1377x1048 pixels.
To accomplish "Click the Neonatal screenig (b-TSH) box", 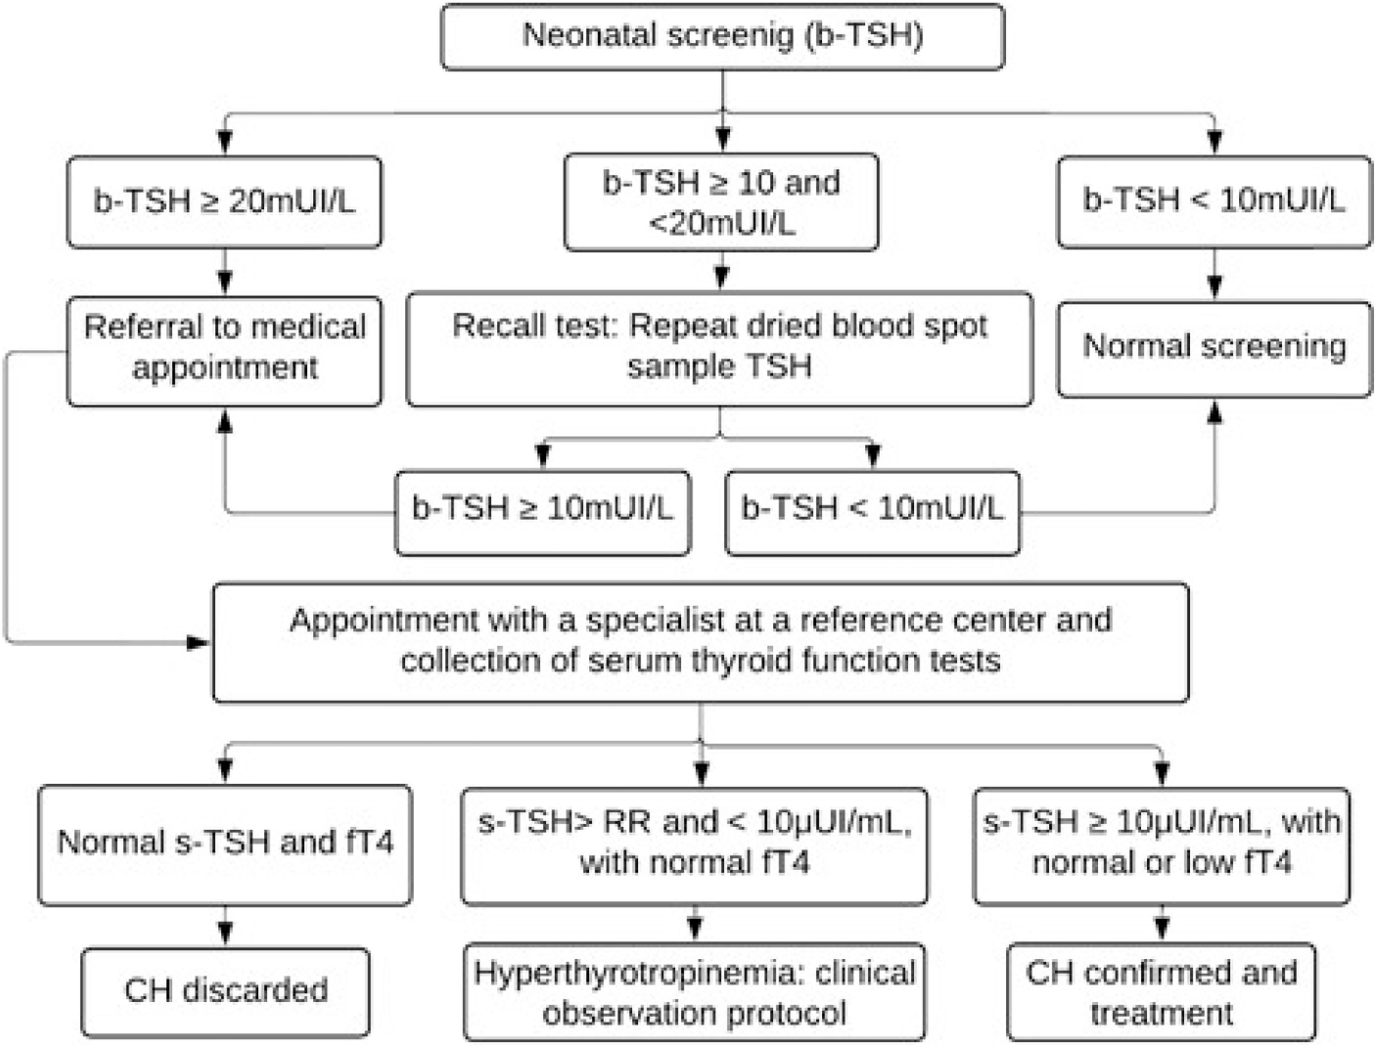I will pyautogui.click(x=723, y=36).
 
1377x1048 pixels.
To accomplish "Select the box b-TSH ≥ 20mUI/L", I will pyautogui.click(x=225, y=202).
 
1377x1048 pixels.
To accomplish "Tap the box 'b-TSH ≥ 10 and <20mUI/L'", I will pyautogui.click(x=721, y=202).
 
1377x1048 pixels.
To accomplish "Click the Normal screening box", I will pyautogui.click(x=1214, y=347).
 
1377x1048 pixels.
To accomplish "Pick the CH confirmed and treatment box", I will pyautogui.click(x=1161, y=992).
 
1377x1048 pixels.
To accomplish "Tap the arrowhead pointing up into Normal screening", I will pyautogui.click(x=1214, y=413).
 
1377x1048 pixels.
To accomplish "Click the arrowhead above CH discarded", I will pyautogui.click(x=225, y=934).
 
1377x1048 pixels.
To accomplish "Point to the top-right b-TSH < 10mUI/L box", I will pyautogui.click(x=1214, y=202).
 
